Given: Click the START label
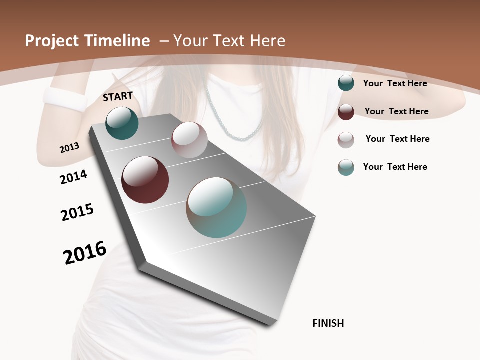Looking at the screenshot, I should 118,96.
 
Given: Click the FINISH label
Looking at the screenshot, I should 328,323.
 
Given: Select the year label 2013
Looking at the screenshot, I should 70,148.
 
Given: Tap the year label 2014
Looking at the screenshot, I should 74,177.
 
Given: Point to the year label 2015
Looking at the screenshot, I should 77,212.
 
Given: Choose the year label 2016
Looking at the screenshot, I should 85,253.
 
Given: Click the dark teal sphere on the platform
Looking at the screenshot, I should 122,123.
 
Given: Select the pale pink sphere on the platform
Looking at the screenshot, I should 189,140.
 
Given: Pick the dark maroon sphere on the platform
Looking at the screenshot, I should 145,180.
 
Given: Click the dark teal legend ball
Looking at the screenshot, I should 346,83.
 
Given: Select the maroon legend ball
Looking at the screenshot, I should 346,112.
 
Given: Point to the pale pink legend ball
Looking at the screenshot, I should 346,139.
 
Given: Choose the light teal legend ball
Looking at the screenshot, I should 346,167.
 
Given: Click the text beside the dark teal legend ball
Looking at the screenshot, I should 395,83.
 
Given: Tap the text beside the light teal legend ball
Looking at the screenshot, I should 395,167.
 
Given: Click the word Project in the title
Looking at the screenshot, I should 52,41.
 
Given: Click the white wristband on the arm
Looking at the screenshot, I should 65,99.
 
